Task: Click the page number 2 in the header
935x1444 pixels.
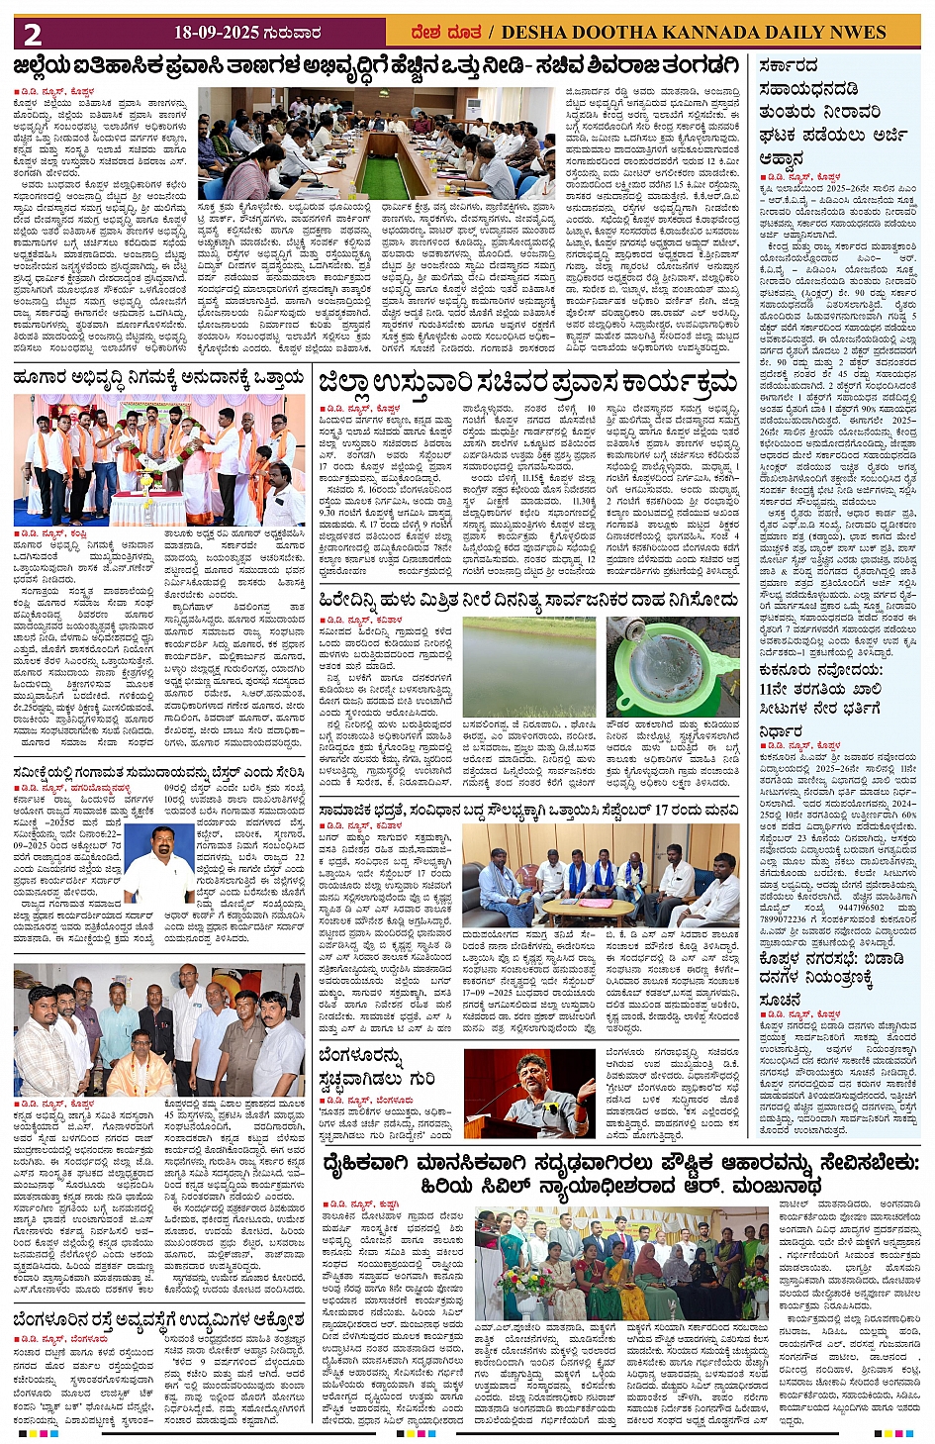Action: tap(33, 35)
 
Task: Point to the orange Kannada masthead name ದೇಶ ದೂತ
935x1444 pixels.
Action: tap(446, 33)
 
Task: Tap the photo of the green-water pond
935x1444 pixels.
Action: tap(528, 666)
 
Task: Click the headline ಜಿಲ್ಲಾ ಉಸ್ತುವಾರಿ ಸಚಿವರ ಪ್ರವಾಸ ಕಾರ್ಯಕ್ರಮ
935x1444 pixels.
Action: tap(527, 381)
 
